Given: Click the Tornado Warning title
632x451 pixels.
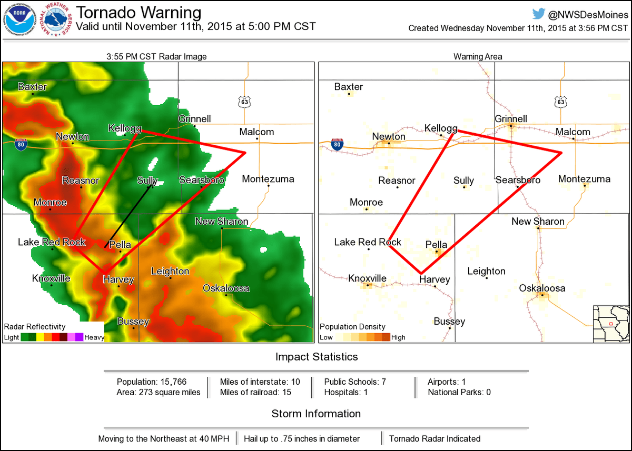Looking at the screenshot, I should (x=139, y=13).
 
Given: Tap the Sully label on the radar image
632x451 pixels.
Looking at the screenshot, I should (x=147, y=181).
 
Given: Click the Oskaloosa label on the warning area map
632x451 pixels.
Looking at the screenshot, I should (x=542, y=288).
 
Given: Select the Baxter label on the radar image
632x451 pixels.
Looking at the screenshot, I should (x=32, y=87).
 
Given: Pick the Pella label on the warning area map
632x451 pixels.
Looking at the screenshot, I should (x=436, y=244).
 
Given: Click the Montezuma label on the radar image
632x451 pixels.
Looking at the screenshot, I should (x=268, y=179).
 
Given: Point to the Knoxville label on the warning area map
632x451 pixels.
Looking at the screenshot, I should (x=368, y=278).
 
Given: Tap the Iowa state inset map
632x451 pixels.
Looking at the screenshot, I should (x=610, y=323).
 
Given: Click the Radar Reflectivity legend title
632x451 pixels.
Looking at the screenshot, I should (x=35, y=327).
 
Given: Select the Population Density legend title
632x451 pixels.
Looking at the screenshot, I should (x=352, y=327).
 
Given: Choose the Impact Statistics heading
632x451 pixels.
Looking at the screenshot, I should (x=317, y=357).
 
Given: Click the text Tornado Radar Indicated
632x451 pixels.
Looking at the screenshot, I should (x=434, y=438).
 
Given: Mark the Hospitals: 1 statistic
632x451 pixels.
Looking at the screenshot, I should (x=345, y=392).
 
